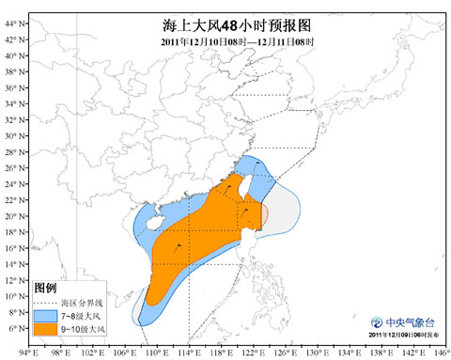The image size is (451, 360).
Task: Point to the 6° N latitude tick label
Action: (11, 329)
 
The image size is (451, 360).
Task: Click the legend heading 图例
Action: (44, 287)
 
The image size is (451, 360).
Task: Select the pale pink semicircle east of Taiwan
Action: (266, 215)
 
